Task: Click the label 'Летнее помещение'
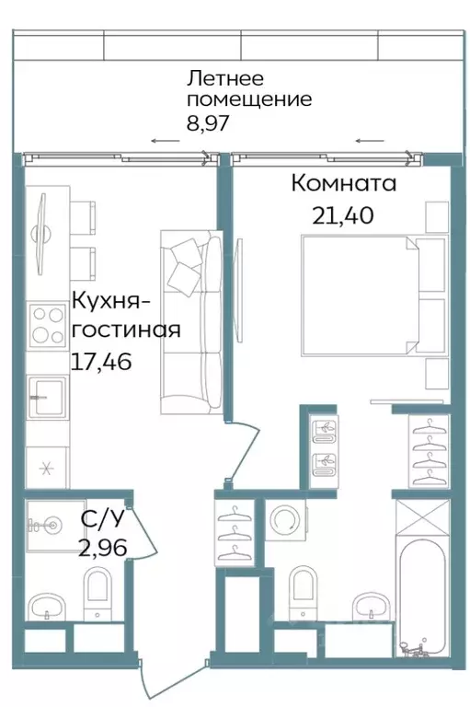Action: [248, 88]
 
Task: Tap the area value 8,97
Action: [207, 120]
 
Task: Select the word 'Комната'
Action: [344, 183]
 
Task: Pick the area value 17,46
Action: [101, 361]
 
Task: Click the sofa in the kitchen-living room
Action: [191, 322]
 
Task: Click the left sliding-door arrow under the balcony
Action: [166, 141]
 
